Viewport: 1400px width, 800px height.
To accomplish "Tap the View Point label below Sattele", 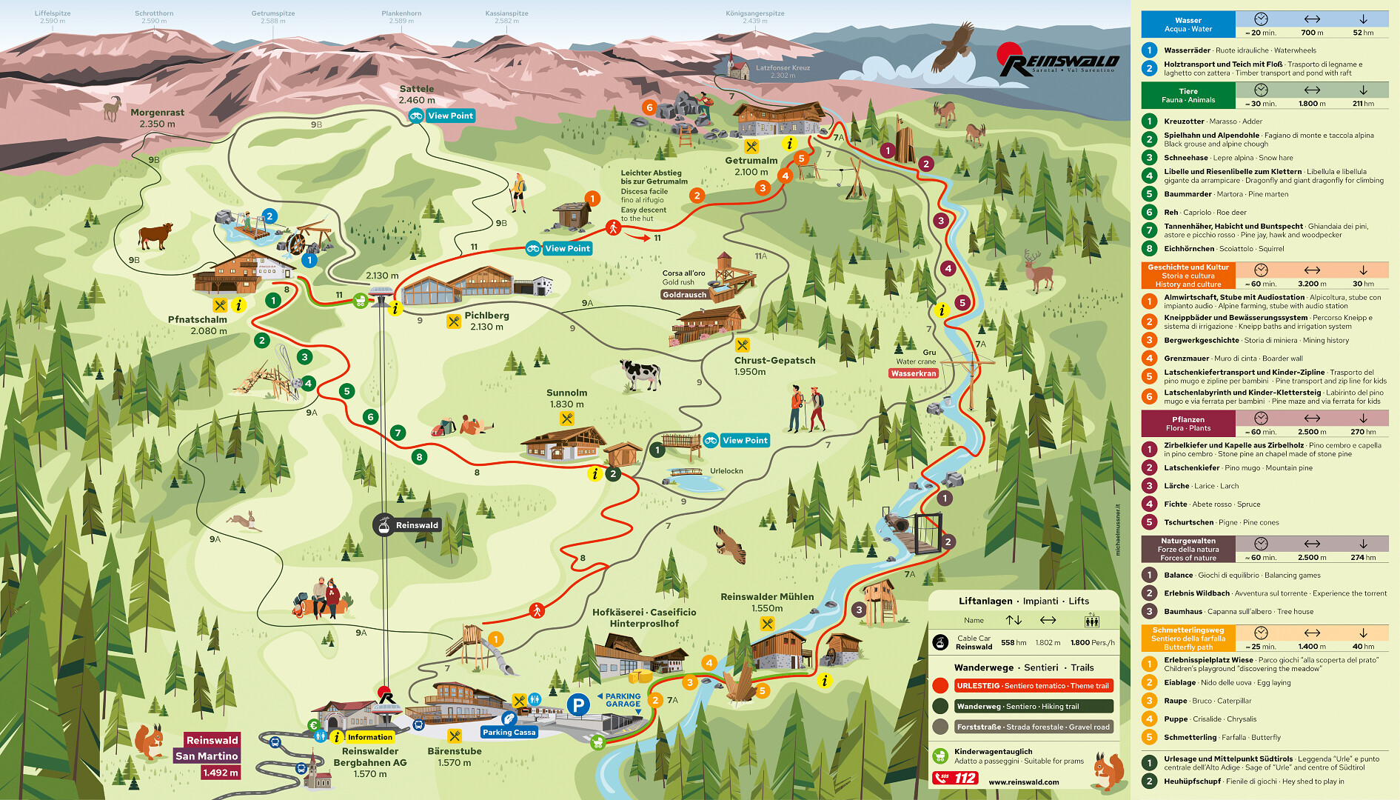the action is tap(442, 116).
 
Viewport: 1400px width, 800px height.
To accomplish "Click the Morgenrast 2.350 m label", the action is tap(157, 118).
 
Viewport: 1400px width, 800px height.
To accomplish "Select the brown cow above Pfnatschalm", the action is tap(155, 236).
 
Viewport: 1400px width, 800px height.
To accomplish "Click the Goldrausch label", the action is tap(684, 295).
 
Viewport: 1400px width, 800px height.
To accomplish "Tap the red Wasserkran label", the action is tap(914, 373).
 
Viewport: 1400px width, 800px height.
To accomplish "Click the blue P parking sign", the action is tap(578, 705).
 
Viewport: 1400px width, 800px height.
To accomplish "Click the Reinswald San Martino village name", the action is tap(207, 748).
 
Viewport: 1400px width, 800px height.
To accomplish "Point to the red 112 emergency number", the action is tap(956, 778).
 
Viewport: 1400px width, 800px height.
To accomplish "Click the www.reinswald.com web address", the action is tap(1023, 781).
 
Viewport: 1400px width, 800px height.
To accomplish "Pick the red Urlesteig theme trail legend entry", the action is tap(1033, 686).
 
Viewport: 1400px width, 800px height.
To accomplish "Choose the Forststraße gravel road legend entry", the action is tap(1033, 727).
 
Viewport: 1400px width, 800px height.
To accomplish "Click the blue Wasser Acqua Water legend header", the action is tap(1188, 24).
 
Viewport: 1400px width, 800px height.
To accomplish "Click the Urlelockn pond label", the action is tap(726, 471).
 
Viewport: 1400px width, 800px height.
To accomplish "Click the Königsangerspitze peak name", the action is tap(754, 13).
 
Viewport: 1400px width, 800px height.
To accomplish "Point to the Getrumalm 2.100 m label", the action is tap(751, 166).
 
